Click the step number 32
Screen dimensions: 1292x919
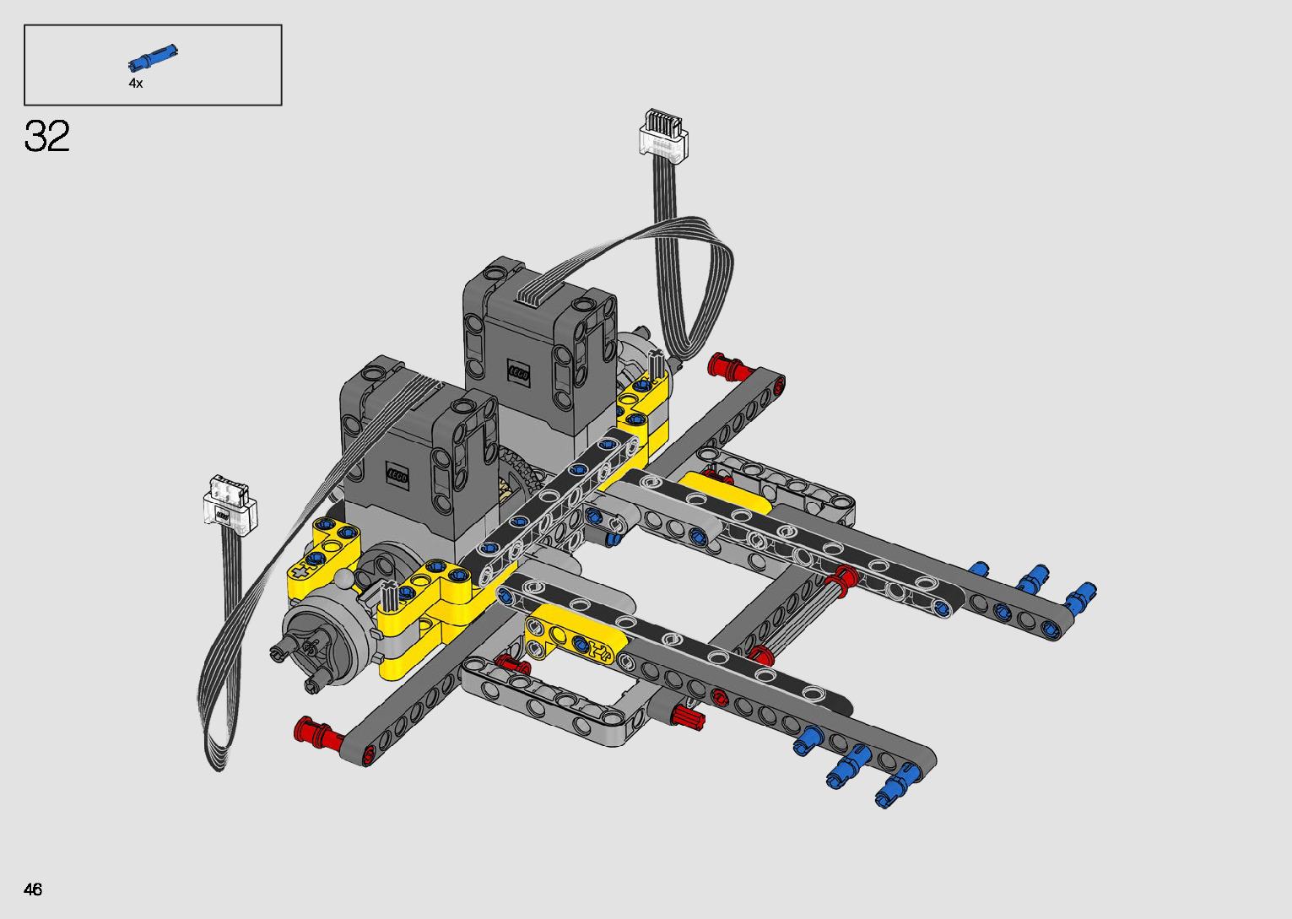[x=46, y=136]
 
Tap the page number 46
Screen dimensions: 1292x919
[x=33, y=889]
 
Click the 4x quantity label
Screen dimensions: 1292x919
[x=136, y=83]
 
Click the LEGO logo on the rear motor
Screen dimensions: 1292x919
[x=518, y=373]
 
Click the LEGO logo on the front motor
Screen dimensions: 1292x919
[x=397, y=477]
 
